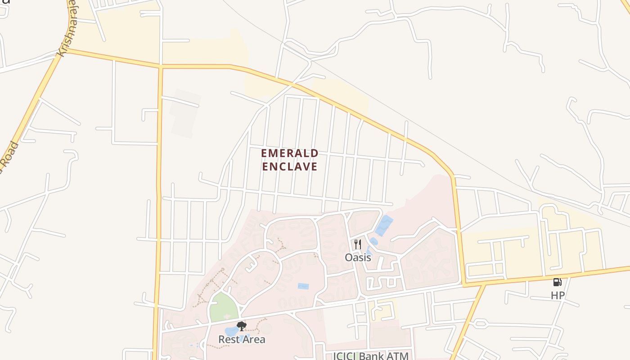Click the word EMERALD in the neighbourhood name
point(290,153)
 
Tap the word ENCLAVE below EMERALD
point(290,166)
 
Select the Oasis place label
point(358,257)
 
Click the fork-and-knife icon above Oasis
point(358,244)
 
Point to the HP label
point(558,296)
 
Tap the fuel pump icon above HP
point(557,282)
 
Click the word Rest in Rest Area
point(228,339)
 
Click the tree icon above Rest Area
point(242,326)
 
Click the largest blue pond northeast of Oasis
point(384,225)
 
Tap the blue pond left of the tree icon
point(231,331)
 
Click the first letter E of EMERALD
point(265,153)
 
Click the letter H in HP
point(554,296)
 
